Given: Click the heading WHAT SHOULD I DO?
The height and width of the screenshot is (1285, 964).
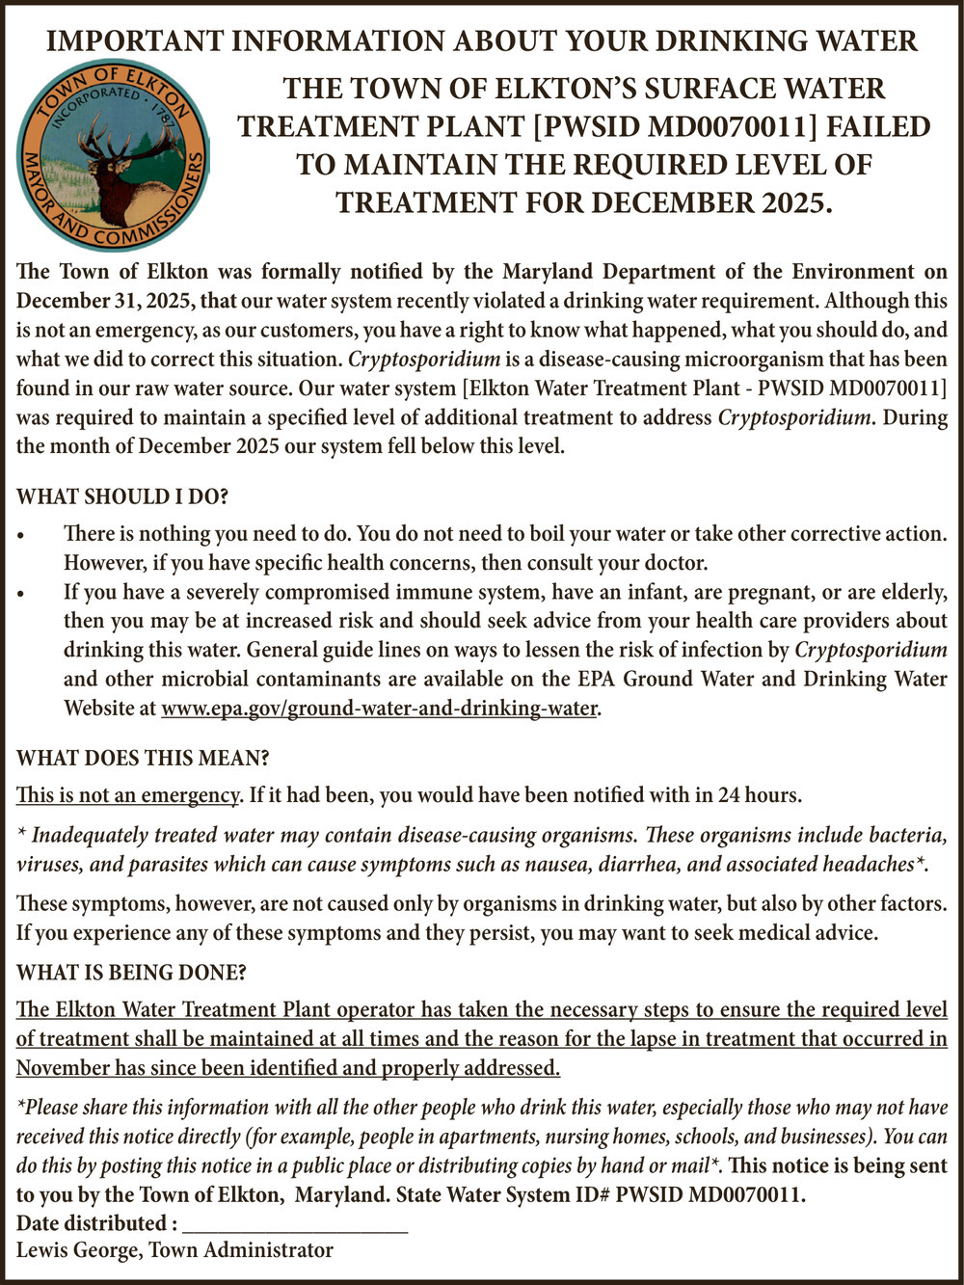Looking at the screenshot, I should point(122,497).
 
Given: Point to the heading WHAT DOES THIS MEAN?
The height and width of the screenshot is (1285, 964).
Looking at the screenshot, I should point(143,758).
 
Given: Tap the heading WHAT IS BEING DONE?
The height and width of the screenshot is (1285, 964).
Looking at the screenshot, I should point(131,973).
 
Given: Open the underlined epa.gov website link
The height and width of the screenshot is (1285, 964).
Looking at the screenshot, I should point(380,709).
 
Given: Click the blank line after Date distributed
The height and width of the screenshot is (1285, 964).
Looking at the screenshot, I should point(294,1224).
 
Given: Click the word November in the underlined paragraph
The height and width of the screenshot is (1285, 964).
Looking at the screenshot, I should point(63,1068).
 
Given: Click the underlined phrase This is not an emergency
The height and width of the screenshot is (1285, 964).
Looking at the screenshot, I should point(127,796).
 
